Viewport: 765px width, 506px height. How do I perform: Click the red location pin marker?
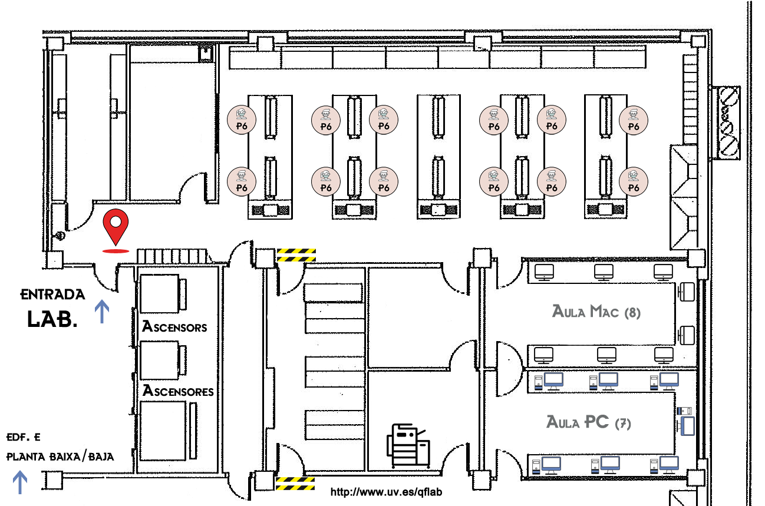pyautogui.click(x=116, y=226)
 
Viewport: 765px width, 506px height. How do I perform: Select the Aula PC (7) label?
pyautogui.click(x=588, y=422)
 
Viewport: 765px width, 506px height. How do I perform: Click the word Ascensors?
pyautogui.click(x=174, y=327)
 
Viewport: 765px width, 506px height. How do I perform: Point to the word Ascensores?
pyautogui.click(x=178, y=391)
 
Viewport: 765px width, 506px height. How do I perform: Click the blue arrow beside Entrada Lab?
pyautogui.click(x=103, y=311)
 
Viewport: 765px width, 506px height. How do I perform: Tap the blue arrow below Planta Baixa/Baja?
pyautogui.click(x=20, y=482)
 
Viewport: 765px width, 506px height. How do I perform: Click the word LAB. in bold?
pyautogui.click(x=52, y=319)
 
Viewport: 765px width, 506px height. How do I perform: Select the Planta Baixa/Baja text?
pyautogui.click(x=60, y=457)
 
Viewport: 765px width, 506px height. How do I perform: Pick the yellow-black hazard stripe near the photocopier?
pyautogui.click(x=295, y=484)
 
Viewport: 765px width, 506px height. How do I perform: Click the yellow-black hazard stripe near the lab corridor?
pyautogui.click(x=296, y=254)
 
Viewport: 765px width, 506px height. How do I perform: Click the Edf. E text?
pyautogui.click(x=24, y=438)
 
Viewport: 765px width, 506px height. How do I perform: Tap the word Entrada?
pyautogui.click(x=53, y=294)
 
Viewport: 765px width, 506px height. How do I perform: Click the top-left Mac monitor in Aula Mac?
pyautogui.click(x=544, y=272)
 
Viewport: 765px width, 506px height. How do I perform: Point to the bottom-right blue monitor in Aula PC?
pyautogui.click(x=669, y=464)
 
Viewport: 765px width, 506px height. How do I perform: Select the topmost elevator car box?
pyautogui.click(x=159, y=293)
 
